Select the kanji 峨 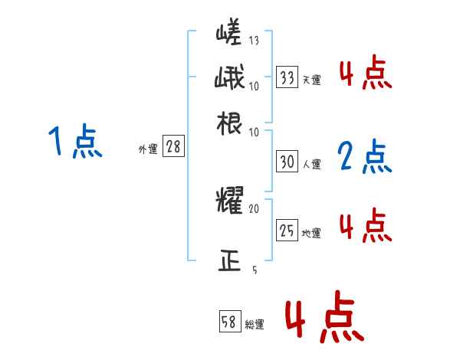click(x=230, y=80)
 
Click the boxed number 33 click(x=287, y=77)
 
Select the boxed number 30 click(x=287, y=162)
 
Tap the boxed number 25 click(x=287, y=231)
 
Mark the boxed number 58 click(x=229, y=323)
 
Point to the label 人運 click(x=312, y=164)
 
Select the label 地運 click(x=312, y=233)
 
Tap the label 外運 click(x=147, y=150)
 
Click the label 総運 click(x=254, y=325)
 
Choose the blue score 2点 click(x=365, y=157)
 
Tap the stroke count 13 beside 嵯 click(x=255, y=41)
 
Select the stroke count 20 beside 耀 click(x=255, y=208)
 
